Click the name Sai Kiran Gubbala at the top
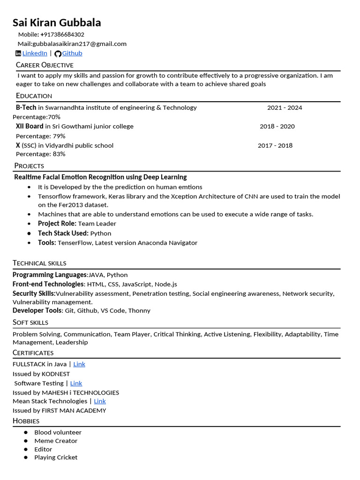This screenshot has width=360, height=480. click(x=57, y=22)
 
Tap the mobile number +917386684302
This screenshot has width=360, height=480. click(x=62, y=35)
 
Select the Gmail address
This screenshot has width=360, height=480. click(x=79, y=44)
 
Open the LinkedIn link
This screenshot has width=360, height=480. click(x=35, y=53)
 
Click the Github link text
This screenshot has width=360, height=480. click(x=72, y=53)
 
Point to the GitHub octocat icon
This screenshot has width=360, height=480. click(x=58, y=54)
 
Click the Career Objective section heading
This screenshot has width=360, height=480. click(x=45, y=65)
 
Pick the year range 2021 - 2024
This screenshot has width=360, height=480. click(x=285, y=108)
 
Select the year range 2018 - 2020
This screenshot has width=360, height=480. click(x=277, y=127)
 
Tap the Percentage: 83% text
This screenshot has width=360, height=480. click(x=41, y=154)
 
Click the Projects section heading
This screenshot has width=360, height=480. click(x=29, y=165)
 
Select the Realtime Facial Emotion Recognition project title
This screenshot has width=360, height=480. click(x=100, y=177)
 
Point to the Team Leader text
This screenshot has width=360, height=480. click(x=97, y=224)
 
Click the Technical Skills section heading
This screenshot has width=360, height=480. click(x=39, y=263)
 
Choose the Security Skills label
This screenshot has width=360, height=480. click(x=34, y=293)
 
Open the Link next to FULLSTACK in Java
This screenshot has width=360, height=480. click(x=79, y=364)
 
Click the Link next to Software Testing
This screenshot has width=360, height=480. click(x=76, y=383)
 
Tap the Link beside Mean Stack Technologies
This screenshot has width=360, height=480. click(x=100, y=401)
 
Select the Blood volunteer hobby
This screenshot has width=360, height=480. click(x=58, y=432)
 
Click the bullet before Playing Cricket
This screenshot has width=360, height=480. click(x=26, y=457)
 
